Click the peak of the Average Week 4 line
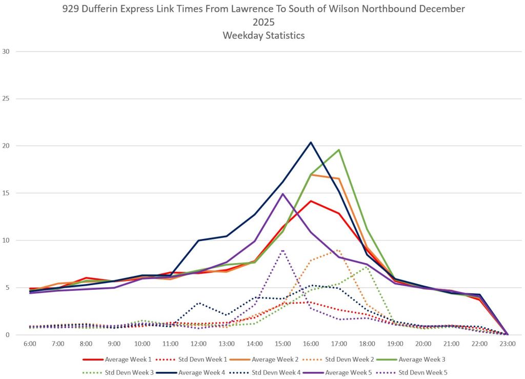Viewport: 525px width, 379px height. coord(311,142)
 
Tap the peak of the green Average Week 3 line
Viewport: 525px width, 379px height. coord(339,150)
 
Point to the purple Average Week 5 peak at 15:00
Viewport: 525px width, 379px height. coord(282,194)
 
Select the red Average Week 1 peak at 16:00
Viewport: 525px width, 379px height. coord(311,201)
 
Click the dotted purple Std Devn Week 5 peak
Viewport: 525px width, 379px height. coord(282,250)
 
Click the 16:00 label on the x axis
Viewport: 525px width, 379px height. coord(311,344)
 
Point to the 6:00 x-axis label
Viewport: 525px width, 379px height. coord(30,344)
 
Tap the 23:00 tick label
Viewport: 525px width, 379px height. coord(507,344)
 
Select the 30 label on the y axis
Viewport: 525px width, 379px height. coord(6,51)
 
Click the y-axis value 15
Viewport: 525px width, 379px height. coord(6,193)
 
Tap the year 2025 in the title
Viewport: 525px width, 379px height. coord(262,22)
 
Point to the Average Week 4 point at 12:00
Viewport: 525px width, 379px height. coord(198,240)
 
